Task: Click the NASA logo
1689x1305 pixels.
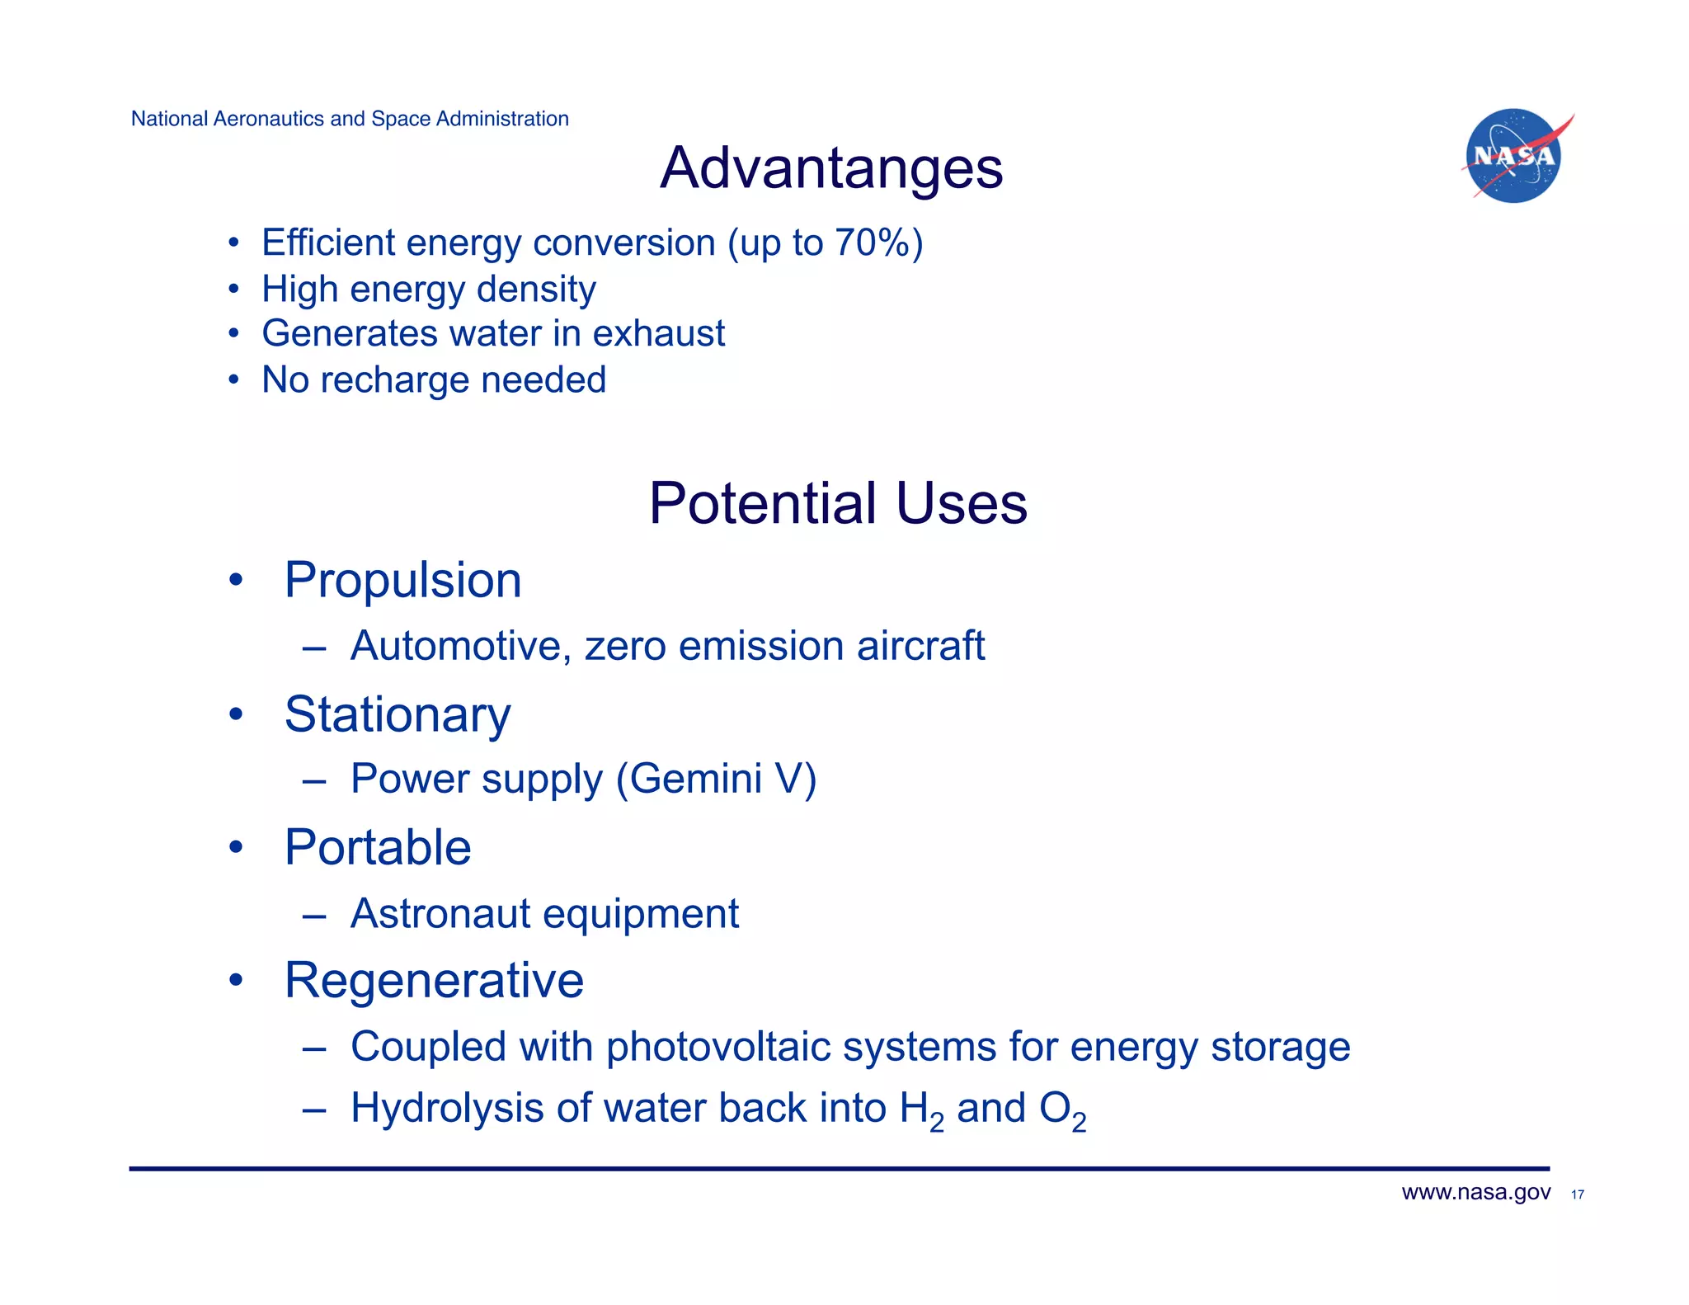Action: [x=1513, y=156]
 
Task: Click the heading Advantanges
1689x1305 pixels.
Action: [x=831, y=168]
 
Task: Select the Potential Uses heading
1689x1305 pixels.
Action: [x=838, y=503]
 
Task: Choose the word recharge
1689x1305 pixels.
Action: [x=394, y=380]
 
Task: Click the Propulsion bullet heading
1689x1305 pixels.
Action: [x=402, y=580]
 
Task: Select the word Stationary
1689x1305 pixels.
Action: [x=398, y=714]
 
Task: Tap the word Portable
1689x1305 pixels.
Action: [x=378, y=847]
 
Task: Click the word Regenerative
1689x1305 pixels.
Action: [x=434, y=980]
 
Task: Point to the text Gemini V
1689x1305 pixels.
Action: [x=716, y=779]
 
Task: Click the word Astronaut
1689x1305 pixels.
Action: [x=440, y=913]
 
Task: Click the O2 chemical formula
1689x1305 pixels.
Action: [x=1062, y=1110]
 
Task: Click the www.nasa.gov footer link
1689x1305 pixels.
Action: [x=1475, y=1193]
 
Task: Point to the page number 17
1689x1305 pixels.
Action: [x=1578, y=1194]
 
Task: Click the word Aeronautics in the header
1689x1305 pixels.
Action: [x=268, y=119]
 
